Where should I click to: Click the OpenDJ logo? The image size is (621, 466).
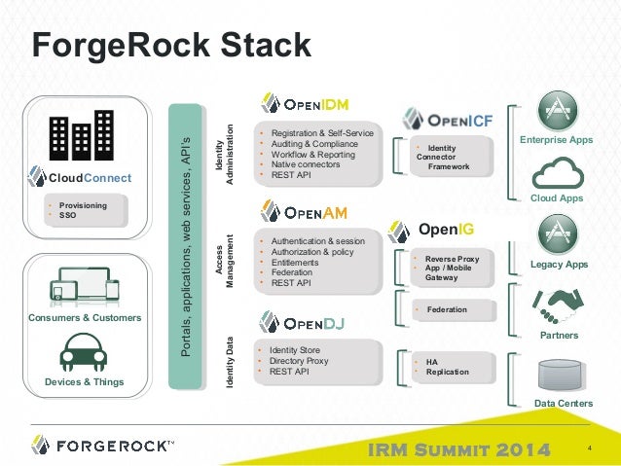[x=301, y=321]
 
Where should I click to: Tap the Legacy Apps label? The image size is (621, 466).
[x=558, y=265]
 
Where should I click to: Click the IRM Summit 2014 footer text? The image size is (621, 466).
[x=460, y=448]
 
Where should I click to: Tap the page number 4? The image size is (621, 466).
[x=590, y=448]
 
